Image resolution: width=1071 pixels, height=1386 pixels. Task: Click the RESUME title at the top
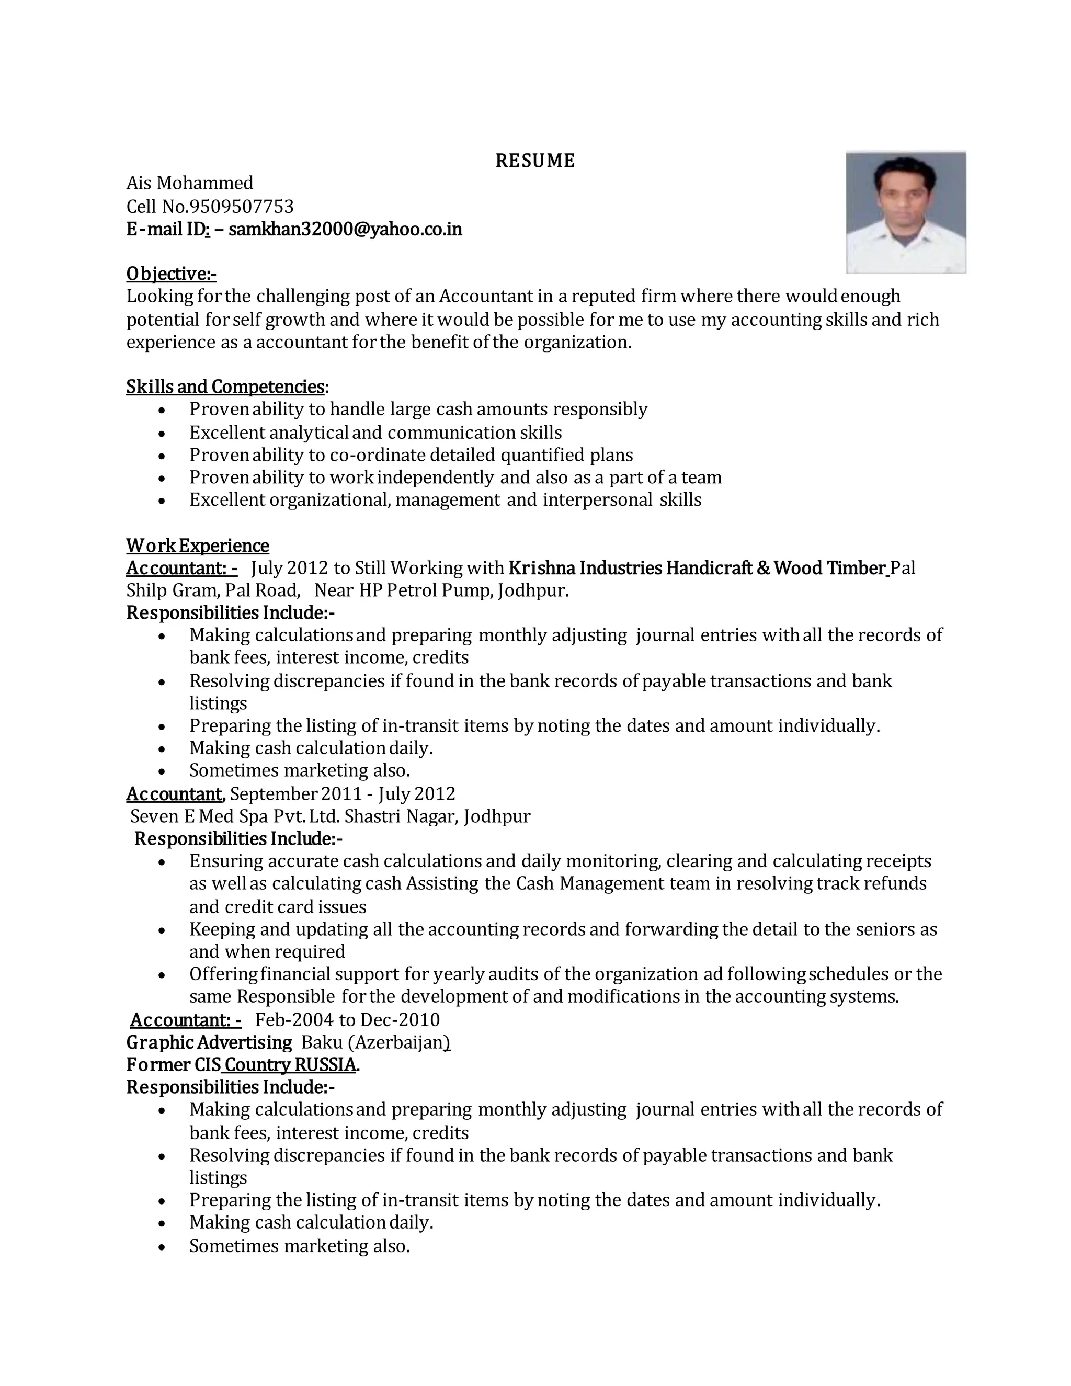535,161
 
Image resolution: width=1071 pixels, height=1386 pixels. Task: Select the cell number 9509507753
242,206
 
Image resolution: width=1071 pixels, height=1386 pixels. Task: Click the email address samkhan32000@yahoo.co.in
345,229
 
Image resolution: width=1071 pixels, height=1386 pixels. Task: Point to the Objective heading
172,274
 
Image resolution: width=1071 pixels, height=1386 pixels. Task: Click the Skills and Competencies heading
225,387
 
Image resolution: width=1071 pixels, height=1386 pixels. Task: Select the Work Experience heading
197,546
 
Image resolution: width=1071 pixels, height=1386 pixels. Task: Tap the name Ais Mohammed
190,183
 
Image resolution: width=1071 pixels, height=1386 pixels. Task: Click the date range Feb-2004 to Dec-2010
348,1019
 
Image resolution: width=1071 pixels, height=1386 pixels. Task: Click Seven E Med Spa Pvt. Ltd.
236,815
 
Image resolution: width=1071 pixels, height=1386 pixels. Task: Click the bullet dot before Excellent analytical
163,434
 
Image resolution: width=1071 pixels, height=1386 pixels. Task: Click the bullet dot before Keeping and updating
163,930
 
